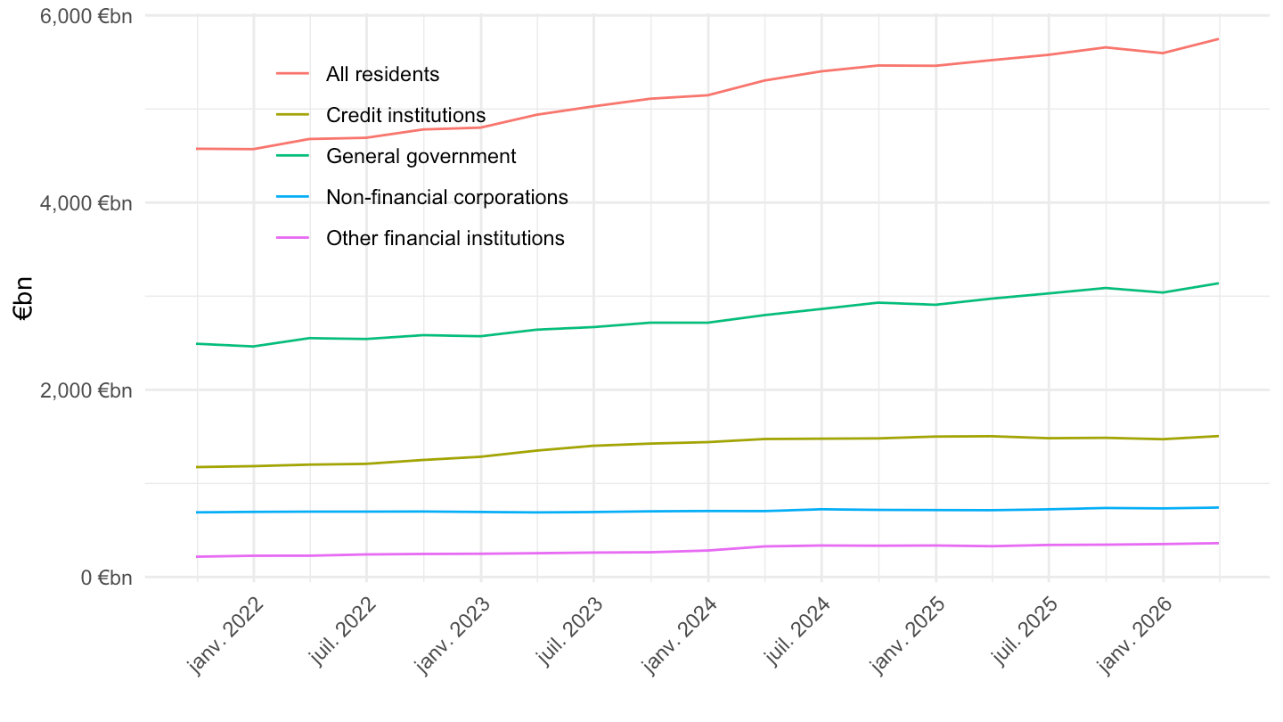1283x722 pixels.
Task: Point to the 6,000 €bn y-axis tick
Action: (x=86, y=16)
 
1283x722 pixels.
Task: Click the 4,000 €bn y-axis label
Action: (x=86, y=203)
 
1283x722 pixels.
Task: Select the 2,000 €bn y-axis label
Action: (x=86, y=390)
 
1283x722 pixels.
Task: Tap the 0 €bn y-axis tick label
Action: (x=107, y=578)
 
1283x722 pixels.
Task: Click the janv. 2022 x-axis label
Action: (x=226, y=636)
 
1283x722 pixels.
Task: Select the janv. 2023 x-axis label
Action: (x=453, y=636)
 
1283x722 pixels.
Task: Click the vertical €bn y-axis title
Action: (x=23, y=298)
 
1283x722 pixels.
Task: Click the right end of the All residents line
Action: (x=1218, y=39)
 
